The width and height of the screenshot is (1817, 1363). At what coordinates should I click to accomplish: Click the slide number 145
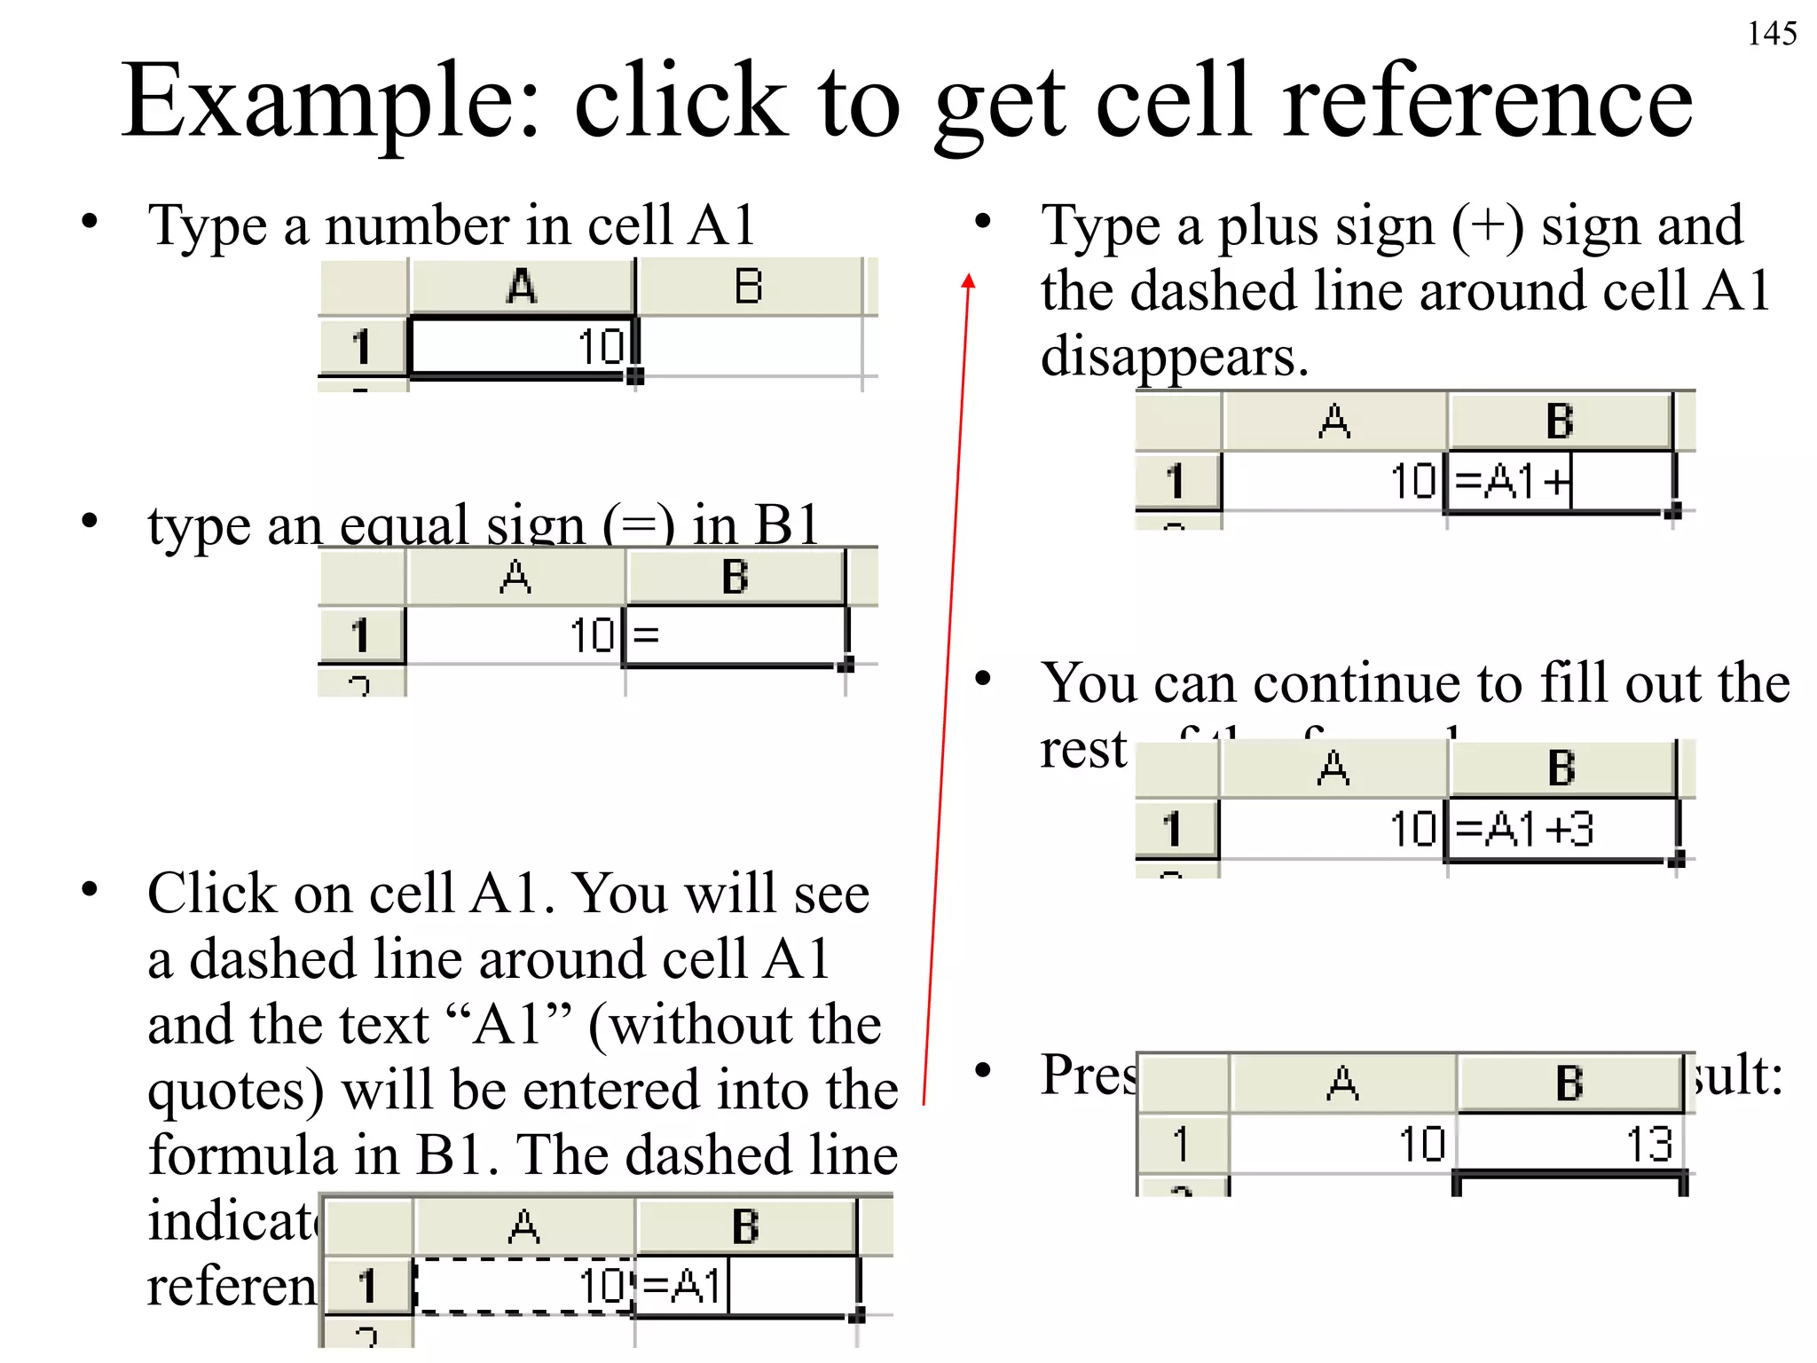pyautogui.click(x=1771, y=34)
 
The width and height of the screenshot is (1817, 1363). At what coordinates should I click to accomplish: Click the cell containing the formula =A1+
pyautogui.click(x=1558, y=482)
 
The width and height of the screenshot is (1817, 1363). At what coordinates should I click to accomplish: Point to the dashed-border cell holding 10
pyautogui.click(x=523, y=1284)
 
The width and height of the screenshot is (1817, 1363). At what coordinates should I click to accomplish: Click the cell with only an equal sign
pyautogui.click(x=735, y=635)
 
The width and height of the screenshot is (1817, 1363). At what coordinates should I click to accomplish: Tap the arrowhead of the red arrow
pyautogui.click(x=968, y=281)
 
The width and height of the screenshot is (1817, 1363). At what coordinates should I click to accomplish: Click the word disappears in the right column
pyautogui.click(x=1174, y=357)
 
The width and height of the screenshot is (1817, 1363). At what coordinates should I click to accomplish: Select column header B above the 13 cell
pyautogui.click(x=1569, y=1083)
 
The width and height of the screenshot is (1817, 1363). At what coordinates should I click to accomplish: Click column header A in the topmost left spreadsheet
pyautogui.click(x=522, y=287)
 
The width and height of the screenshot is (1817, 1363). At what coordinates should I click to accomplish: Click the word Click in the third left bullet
pyautogui.click(x=212, y=893)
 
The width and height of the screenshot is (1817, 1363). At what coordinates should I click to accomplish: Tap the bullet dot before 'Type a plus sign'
pyautogui.click(x=982, y=222)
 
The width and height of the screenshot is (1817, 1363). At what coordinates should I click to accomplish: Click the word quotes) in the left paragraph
pyautogui.click(x=235, y=1090)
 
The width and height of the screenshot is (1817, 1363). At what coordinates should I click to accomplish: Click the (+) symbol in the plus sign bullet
pyautogui.click(x=1488, y=226)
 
